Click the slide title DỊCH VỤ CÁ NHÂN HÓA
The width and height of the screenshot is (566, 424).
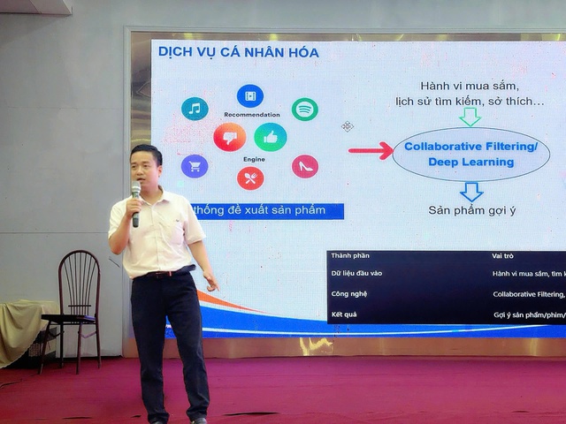point(238,53)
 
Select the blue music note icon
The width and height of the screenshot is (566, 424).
point(195,109)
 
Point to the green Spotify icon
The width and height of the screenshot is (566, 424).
point(304,110)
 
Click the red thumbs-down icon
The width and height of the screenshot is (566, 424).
point(229,137)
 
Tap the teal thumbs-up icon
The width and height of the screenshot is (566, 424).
point(270,137)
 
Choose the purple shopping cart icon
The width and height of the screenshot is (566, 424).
point(195,166)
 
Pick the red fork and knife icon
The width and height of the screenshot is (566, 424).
point(250,178)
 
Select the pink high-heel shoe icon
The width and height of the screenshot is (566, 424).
point(304,166)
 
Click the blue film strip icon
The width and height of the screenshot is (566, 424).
point(250,95)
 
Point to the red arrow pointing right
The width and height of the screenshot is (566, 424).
point(371,151)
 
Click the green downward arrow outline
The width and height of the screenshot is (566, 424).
point(470,117)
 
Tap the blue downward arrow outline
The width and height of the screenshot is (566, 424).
point(470,190)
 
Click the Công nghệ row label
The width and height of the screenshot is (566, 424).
point(349,293)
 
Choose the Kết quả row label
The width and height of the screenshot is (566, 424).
point(346,314)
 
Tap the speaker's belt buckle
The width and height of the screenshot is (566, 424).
point(165,273)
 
